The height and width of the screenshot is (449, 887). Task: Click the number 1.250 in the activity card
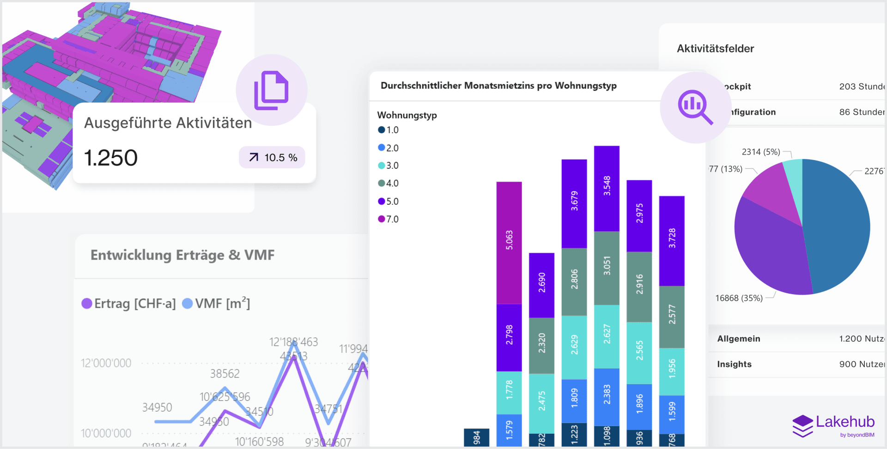(111, 158)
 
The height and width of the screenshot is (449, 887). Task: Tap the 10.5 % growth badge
(272, 158)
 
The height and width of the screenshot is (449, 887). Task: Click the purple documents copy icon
(271, 90)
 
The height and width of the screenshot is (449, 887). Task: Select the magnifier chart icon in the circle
(695, 107)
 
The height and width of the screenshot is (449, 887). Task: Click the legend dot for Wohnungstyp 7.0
(382, 219)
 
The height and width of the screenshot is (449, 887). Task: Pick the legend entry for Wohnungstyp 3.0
(389, 166)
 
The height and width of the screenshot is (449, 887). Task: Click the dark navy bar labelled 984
(476, 437)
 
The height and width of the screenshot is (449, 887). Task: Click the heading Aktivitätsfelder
(715, 49)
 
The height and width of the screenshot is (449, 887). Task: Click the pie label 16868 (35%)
(739, 298)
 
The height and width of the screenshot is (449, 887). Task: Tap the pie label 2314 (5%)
(760, 152)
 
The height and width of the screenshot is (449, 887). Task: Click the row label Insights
(734, 364)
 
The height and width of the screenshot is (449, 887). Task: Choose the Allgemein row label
(738, 338)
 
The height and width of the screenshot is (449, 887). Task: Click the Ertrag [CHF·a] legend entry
(129, 304)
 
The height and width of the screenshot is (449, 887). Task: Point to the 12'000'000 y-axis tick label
(106, 363)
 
